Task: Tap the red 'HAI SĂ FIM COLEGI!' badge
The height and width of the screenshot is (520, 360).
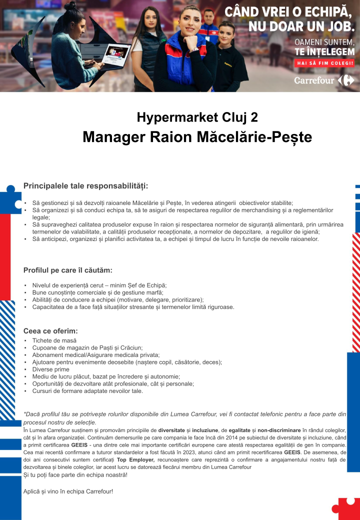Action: (x=325, y=63)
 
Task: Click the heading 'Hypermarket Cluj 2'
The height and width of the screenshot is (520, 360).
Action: (x=197, y=117)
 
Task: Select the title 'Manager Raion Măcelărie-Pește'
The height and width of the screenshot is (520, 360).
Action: (x=197, y=136)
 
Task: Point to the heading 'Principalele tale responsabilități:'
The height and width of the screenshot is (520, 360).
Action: (x=86, y=186)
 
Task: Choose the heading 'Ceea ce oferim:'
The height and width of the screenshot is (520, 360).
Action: (x=50, y=331)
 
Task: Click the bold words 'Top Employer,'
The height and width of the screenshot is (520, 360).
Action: (x=135, y=459)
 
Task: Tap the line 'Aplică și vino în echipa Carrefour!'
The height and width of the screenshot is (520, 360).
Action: (x=68, y=491)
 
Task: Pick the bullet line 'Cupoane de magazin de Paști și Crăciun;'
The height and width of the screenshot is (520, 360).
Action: (x=87, y=347)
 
